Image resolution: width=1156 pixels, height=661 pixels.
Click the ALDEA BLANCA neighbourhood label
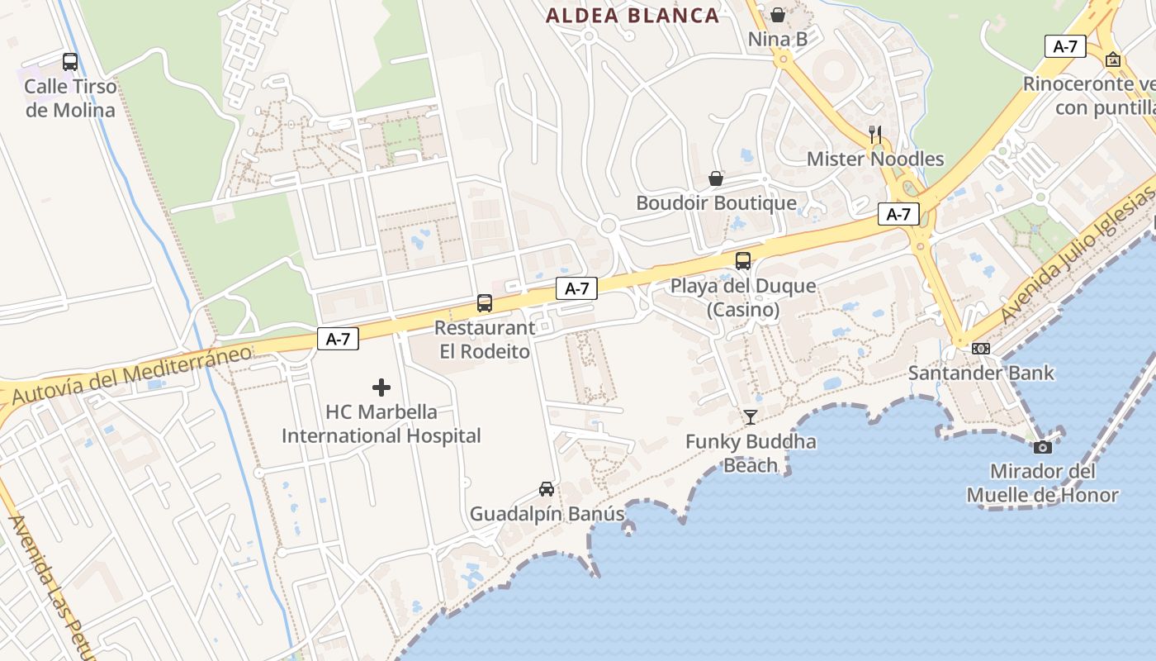point(632,15)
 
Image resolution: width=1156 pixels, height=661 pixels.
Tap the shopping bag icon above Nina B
point(778,14)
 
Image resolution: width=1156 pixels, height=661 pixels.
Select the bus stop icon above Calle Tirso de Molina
point(70,61)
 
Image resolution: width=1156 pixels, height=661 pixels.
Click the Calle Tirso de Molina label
point(70,97)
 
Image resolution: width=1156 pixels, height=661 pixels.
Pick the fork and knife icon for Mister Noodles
point(875,134)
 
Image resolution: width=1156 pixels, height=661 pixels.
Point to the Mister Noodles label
point(875,159)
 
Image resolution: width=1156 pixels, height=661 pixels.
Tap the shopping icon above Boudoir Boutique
point(716,178)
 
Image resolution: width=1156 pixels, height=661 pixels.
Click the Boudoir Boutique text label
point(716,202)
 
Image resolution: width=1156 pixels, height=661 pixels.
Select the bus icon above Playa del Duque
point(743,261)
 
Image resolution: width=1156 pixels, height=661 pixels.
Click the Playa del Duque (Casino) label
point(743,297)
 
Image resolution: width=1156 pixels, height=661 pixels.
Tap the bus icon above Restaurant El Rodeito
point(485,303)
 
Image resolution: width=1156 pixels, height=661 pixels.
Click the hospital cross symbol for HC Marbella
point(381,387)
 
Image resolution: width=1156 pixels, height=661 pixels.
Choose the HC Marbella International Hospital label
point(381,423)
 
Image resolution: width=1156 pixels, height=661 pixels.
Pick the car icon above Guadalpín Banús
point(547,489)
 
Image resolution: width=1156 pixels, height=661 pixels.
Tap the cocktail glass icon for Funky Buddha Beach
point(750,417)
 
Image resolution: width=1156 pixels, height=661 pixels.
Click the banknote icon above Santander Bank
point(981,349)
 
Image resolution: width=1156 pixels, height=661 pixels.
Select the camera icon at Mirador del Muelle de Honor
point(1043,447)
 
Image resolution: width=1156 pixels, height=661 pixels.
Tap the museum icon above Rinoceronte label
point(1113,59)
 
